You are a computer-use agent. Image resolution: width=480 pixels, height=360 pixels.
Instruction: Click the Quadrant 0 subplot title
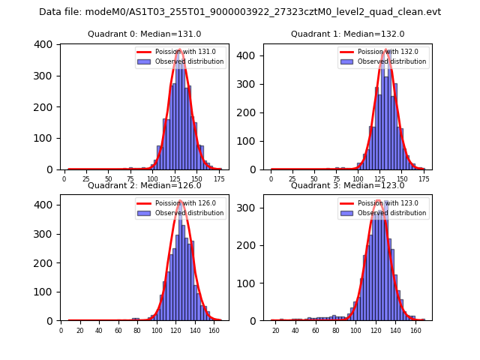coord(144,34)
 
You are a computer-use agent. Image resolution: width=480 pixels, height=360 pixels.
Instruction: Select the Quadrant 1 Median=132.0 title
coord(347,34)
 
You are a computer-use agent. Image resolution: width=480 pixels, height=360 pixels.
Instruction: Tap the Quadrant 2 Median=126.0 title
coord(144,185)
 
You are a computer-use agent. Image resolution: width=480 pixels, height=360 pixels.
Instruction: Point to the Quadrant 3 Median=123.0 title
coord(347,185)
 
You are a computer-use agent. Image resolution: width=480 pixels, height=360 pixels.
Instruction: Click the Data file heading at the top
coord(240,12)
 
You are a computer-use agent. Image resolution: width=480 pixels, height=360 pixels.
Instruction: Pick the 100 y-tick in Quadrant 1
coord(250,141)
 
